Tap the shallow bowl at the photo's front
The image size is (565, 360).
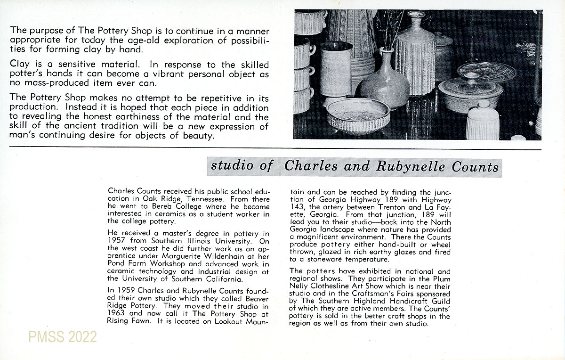point(358,115)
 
